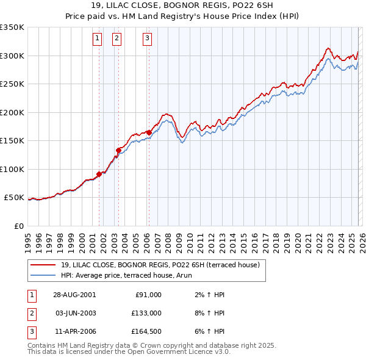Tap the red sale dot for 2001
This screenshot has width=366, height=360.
click(99, 174)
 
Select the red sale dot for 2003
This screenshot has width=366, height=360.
click(118, 149)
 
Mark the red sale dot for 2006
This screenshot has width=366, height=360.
click(148, 132)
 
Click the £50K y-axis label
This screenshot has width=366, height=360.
click(13, 198)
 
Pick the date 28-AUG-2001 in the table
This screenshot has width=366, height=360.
click(74, 295)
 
